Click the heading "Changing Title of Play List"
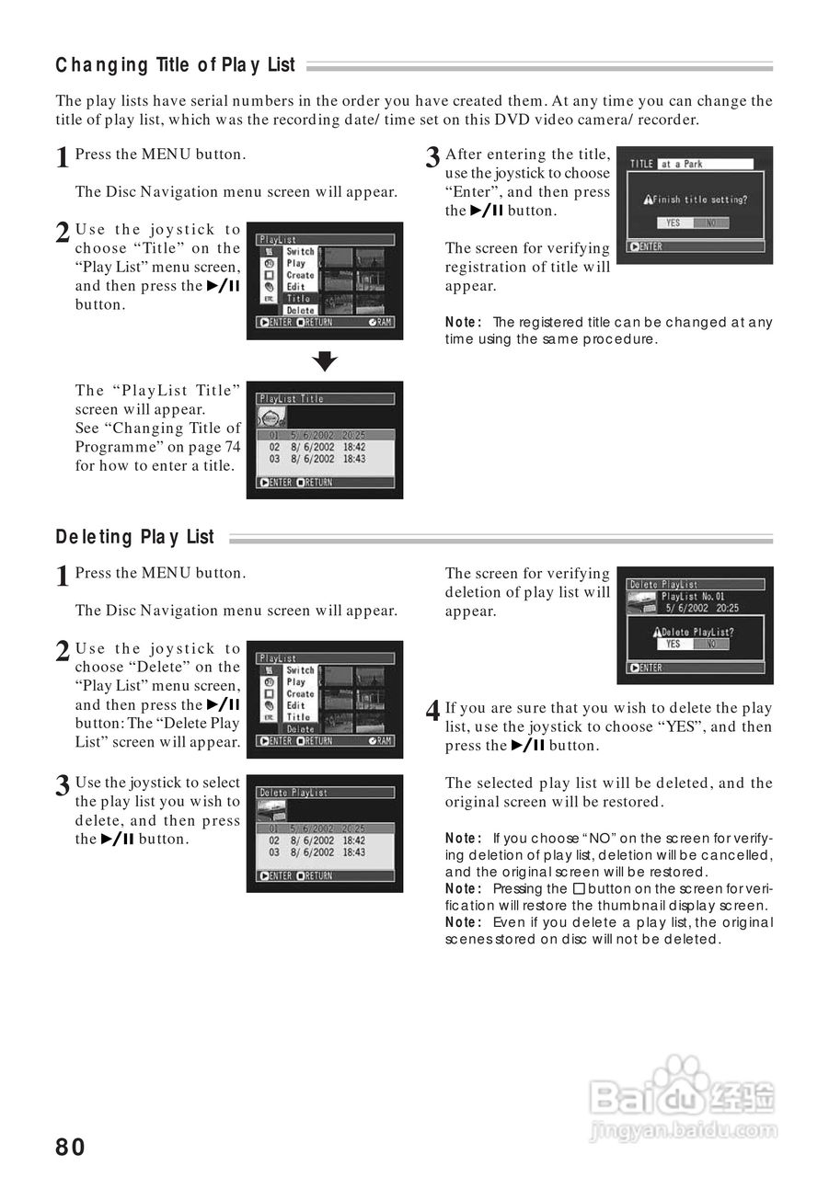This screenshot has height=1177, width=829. coord(176,65)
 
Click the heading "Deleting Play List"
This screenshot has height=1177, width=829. coord(135,537)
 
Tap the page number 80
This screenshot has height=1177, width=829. coord(71,1147)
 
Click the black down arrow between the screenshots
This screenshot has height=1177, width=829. coord(325,360)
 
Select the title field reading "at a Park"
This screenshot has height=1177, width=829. coord(705,164)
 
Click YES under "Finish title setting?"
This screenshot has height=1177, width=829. coord(674,223)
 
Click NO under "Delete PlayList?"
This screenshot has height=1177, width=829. coord(711,645)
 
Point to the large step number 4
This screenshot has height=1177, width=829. coord(432,713)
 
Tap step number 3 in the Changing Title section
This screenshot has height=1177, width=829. coord(432,158)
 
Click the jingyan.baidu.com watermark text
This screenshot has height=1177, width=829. coord(682,1129)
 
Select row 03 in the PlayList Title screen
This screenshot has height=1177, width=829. coord(317,459)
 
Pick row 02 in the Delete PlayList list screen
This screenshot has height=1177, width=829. coord(317,840)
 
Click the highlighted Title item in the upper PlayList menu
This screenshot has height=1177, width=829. coord(298,299)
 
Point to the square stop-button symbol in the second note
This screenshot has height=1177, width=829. coord(578,888)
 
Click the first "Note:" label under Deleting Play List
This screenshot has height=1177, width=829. coord(463,838)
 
